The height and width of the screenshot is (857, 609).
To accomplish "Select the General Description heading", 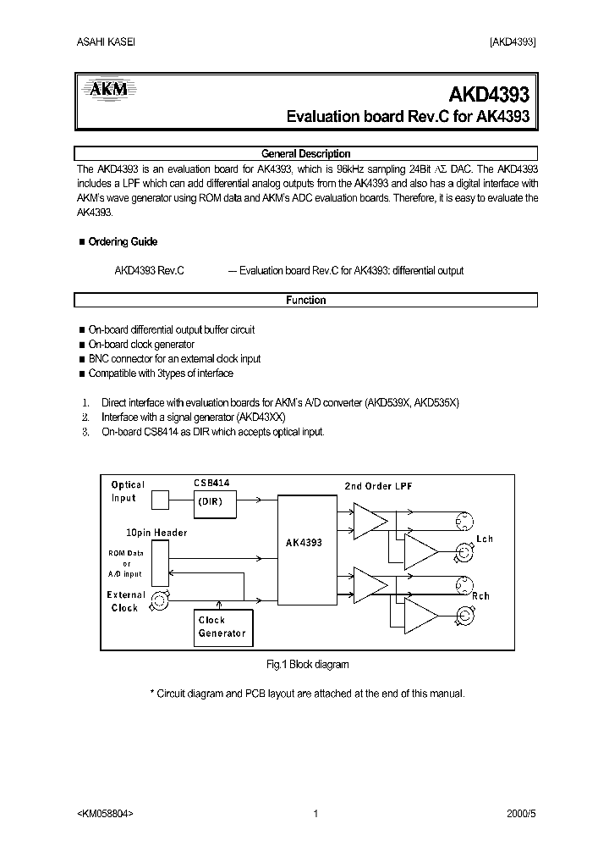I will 305,154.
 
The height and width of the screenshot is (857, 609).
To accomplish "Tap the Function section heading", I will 305,300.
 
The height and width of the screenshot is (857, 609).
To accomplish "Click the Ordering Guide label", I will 123,242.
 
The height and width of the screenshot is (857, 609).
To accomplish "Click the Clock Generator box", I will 222,627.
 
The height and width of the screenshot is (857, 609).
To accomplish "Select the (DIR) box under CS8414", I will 215,501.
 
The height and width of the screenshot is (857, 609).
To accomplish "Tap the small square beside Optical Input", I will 161,500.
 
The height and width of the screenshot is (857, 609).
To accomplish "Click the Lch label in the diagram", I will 484,539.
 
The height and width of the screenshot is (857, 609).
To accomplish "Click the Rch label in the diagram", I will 481,596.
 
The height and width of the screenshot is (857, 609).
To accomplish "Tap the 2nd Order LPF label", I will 379,485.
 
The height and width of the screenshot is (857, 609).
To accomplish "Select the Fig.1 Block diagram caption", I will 307,665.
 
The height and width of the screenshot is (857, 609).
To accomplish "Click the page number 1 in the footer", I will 315,814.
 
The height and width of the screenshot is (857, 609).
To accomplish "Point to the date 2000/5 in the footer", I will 521,814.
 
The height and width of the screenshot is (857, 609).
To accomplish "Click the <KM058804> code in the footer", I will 105,814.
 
